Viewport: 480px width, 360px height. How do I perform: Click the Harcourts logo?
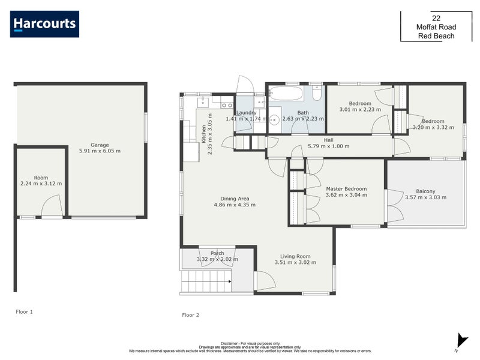pos(44,24)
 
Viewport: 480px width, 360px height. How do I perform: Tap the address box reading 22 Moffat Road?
pos(436,27)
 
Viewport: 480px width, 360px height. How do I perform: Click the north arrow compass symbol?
pos(461,341)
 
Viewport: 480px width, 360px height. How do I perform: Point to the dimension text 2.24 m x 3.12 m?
pos(41,184)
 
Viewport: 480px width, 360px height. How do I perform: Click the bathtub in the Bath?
pos(286,94)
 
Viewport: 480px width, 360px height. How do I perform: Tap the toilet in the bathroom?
pos(317,94)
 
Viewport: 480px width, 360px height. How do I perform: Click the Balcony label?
pos(425,191)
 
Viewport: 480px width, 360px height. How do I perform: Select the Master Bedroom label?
pos(346,188)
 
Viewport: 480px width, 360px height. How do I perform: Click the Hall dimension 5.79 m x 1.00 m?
pos(328,146)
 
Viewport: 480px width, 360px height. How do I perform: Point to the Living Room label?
pos(295,256)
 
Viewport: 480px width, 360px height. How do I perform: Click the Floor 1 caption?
pos(25,311)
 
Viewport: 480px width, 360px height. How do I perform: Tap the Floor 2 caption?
pos(190,314)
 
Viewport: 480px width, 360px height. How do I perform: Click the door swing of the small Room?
pos(52,207)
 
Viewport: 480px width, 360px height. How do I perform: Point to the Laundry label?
pos(246,112)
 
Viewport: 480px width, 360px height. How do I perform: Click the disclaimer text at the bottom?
pos(250,347)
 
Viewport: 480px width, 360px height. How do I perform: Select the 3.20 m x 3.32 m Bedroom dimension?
pos(432,128)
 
